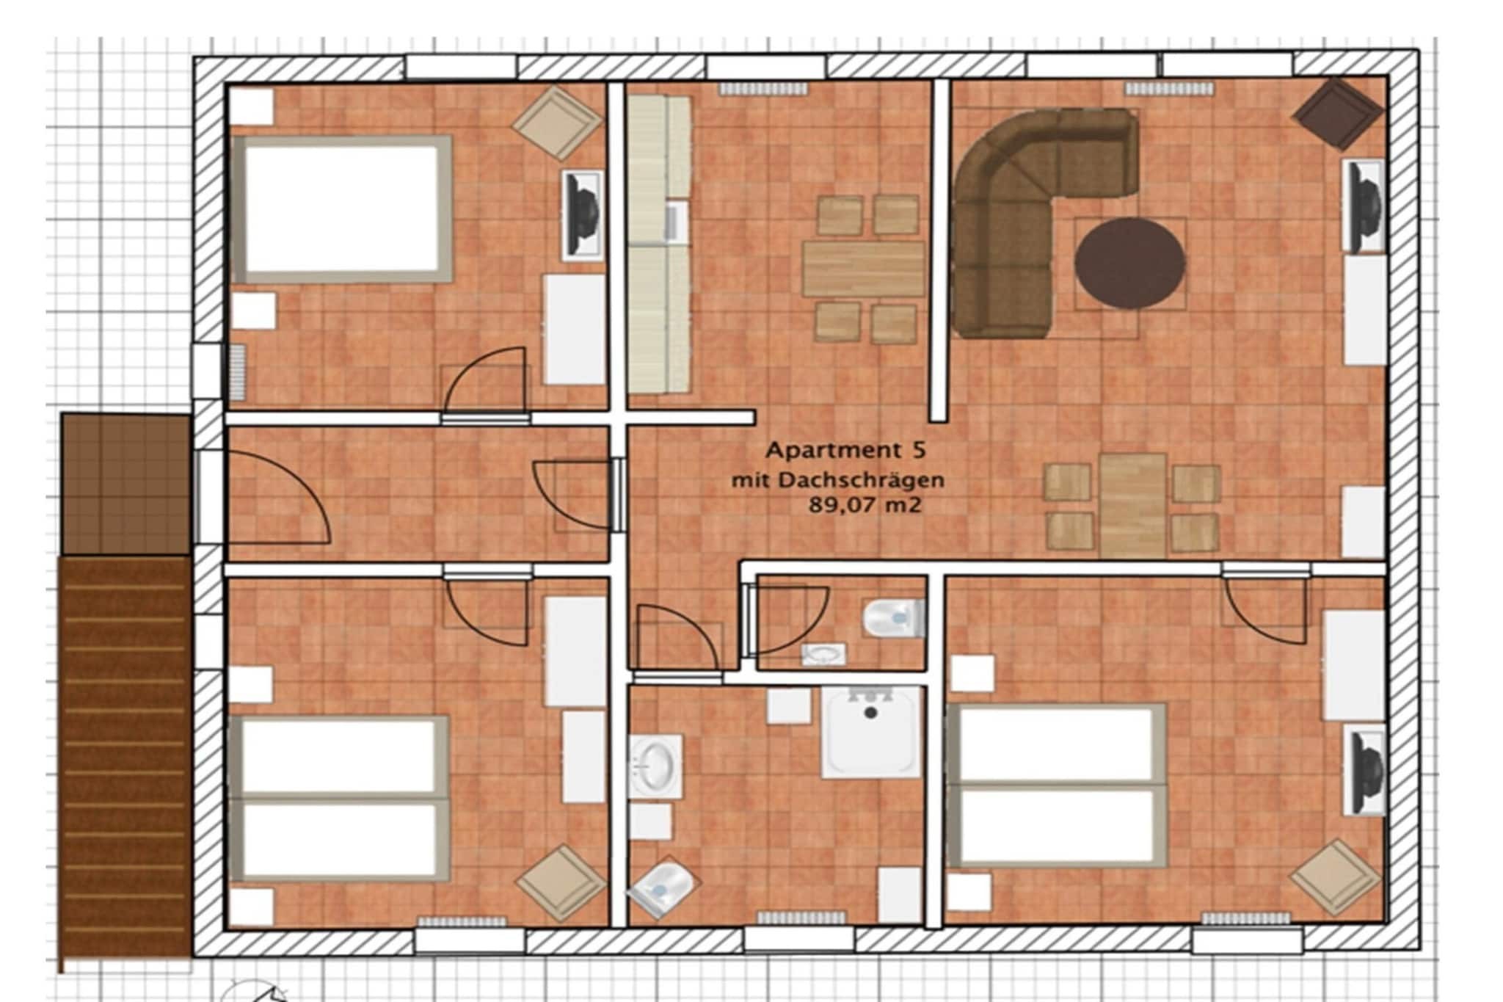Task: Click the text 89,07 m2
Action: [x=865, y=505]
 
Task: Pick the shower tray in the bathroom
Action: [x=870, y=732]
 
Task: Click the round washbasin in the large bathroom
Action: [x=654, y=766]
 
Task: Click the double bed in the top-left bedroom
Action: [x=342, y=208]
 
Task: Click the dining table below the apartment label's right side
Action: [x=1132, y=504]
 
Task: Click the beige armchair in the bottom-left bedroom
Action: [x=561, y=882]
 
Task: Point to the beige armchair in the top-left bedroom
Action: [x=557, y=122]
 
